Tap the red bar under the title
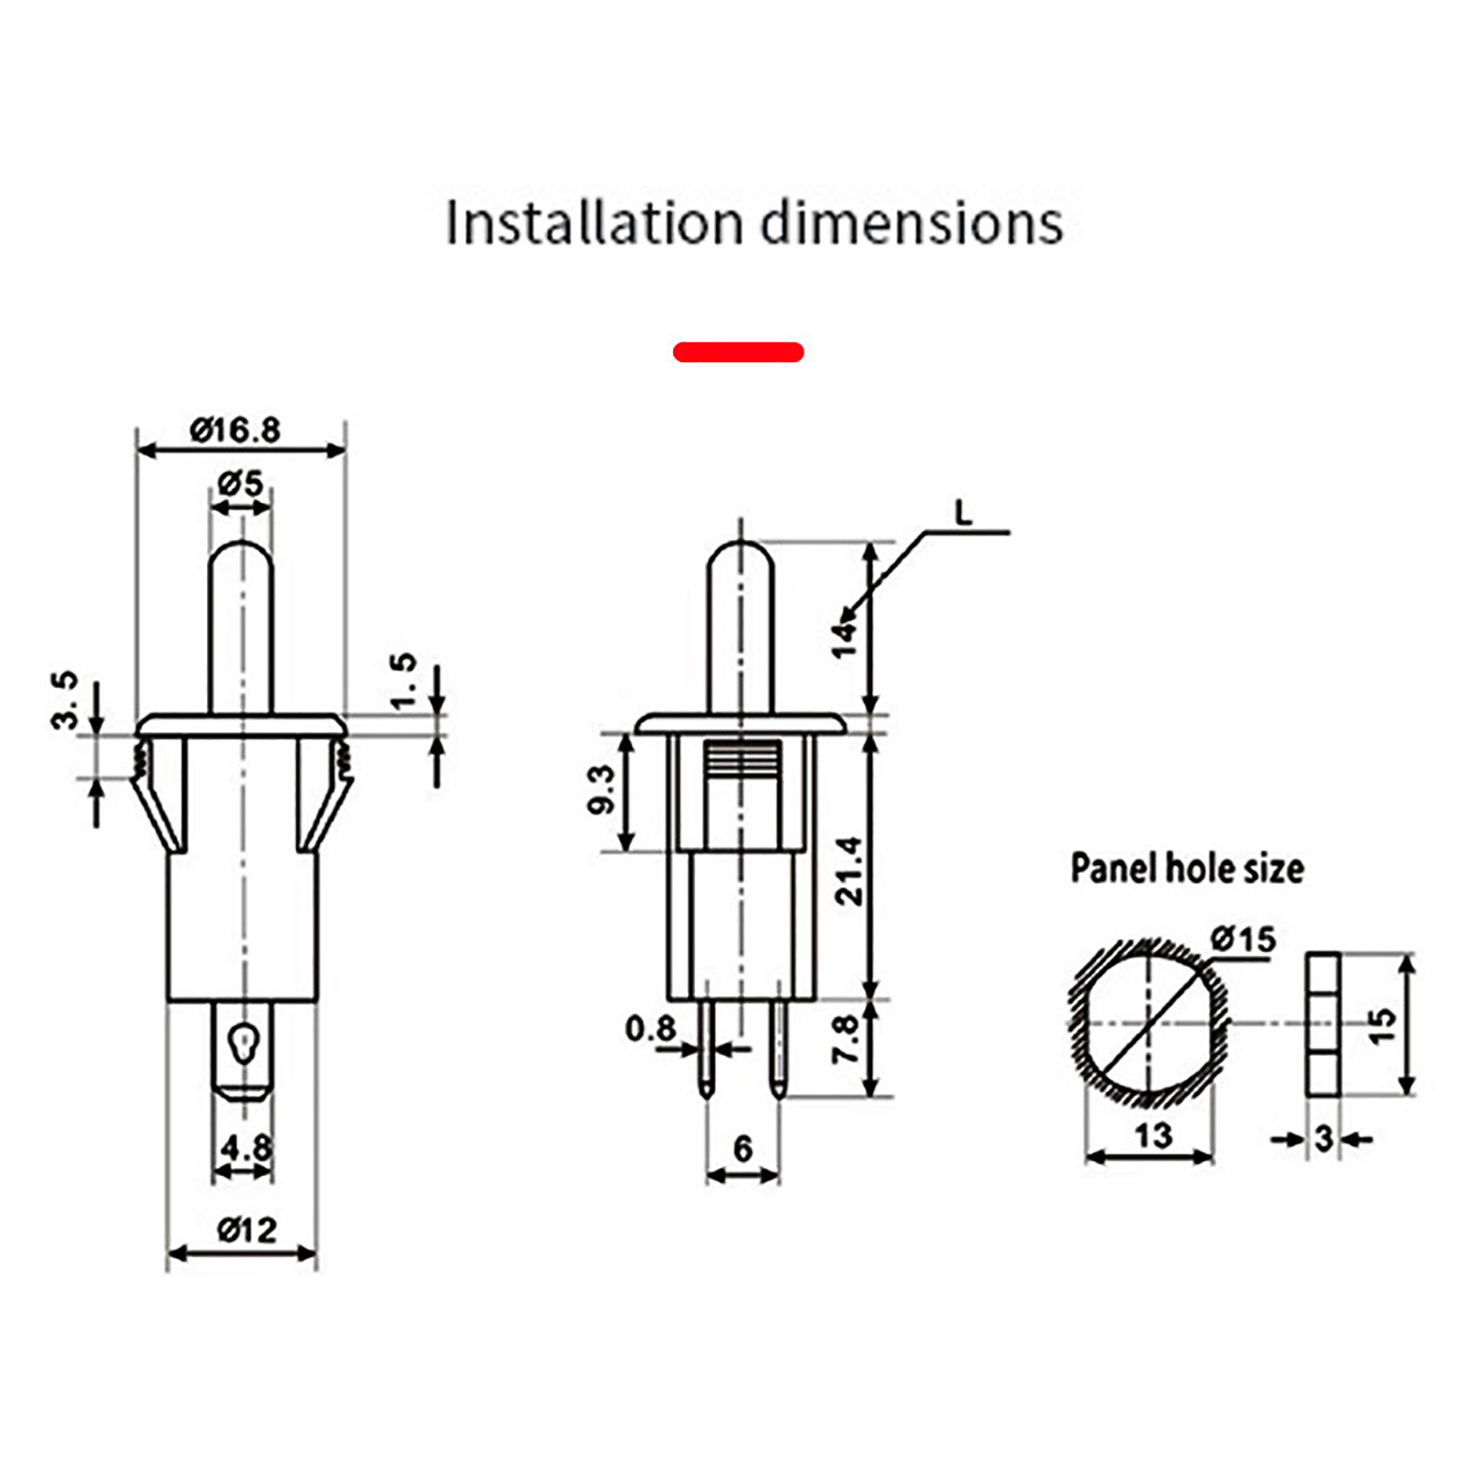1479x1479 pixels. tap(738, 352)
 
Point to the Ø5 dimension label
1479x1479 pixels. tap(240, 482)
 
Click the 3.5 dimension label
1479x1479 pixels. tap(65, 701)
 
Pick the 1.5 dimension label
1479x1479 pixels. tap(404, 681)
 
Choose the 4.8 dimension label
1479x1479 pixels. tap(246, 1148)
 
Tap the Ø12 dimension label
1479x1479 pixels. tap(246, 1229)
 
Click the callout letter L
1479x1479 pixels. tap(963, 513)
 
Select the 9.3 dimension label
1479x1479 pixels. tap(601, 789)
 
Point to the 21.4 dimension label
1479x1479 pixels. tap(848, 870)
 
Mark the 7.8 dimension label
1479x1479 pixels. tap(845, 1039)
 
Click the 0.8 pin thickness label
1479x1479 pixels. tap(650, 1028)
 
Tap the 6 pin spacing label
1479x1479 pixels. tap(742, 1148)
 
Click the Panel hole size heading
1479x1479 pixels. tap(1187, 868)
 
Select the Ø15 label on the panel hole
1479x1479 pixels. tap(1242, 939)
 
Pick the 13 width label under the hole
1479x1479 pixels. tap(1153, 1135)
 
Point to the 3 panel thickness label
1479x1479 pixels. tap(1324, 1139)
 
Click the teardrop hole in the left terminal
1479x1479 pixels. tap(243, 1040)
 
